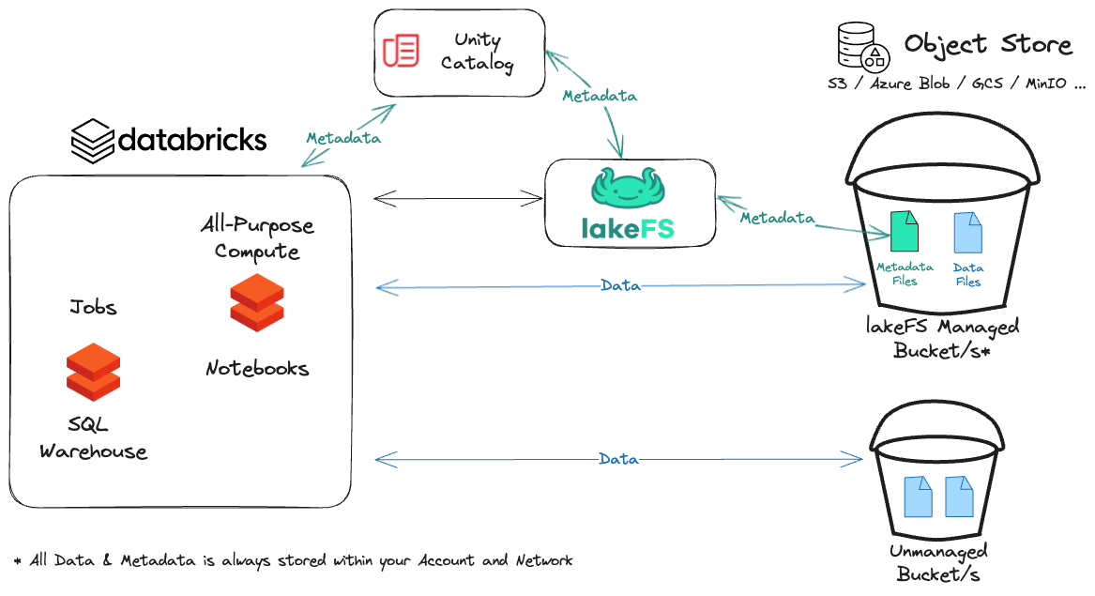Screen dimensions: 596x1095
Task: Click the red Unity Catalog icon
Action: pos(402,50)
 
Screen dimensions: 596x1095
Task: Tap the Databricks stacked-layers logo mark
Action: pos(93,141)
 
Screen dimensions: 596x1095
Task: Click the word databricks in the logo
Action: pos(192,141)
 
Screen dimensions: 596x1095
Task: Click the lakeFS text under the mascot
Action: pos(627,228)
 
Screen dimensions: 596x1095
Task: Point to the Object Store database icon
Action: pos(861,47)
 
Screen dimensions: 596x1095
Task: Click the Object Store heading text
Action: pos(987,44)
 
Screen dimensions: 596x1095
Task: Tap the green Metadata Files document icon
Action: pos(905,232)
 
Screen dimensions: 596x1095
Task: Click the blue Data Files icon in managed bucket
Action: pos(967,232)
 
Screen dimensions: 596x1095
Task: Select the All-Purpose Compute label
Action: pos(257,238)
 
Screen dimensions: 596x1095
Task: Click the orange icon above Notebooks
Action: pos(257,302)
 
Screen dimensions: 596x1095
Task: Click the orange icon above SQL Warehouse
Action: pos(93,372)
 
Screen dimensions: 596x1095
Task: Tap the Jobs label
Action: pos(93,307)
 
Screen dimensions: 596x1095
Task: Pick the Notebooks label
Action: pos(257,368)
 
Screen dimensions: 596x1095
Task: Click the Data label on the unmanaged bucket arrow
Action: pos(618,459)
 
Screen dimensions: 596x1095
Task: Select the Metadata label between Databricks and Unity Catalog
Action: pos(343,138)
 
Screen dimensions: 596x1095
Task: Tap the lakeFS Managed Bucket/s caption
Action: pos(942,338)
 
